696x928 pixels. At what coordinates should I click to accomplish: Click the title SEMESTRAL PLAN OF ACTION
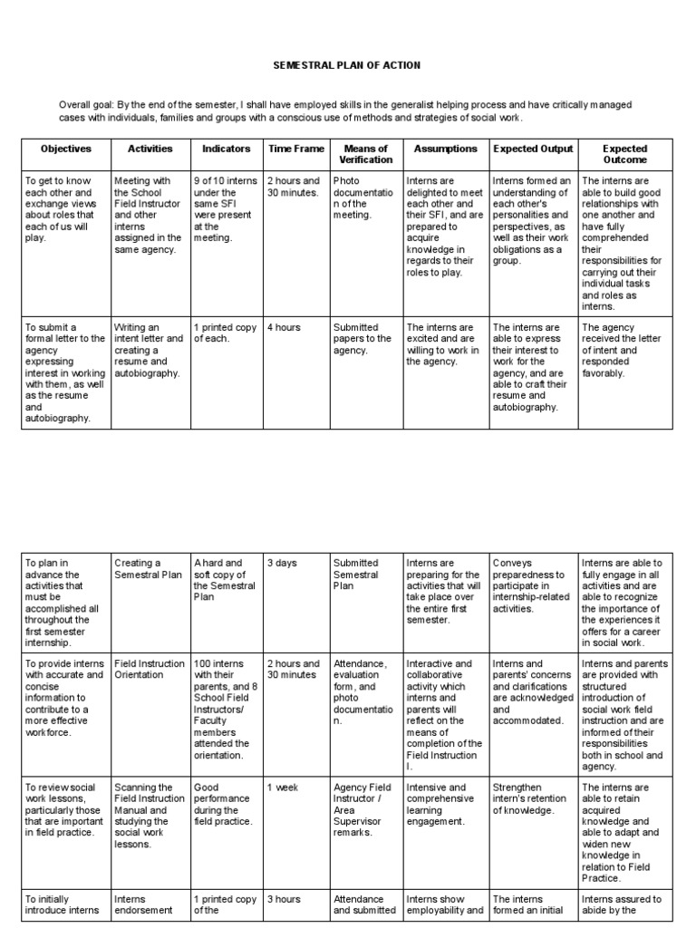pyautogui.click(x=348, y=66)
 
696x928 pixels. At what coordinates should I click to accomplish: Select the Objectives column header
pyautogui.click(x=65, y=149)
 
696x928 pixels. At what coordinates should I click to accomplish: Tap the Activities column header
pyautogui.click(x=150, y=149)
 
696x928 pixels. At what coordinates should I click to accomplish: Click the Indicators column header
pyautogui.click(x=226, y=149)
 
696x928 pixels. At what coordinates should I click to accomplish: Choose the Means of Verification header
pyautogui.click(x=365, y=154)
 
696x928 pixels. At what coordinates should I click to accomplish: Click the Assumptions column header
pyautogui.click(x=445, y=149)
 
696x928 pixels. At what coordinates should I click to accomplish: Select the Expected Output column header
pyautogui.click(x=533, y=149)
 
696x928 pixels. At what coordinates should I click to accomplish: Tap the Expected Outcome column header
pyautogui.click(x=624, y=154)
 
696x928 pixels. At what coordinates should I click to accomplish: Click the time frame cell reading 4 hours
pyautogui.click(x=284, y=328)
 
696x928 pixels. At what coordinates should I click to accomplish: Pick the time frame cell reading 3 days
pyautogui.click(x=282, y=564)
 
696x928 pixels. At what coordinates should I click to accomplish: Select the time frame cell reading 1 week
pyautogui.click(x=283, y=788)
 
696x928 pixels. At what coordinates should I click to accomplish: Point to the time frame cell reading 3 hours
pyautogui.click(x=284, y=900)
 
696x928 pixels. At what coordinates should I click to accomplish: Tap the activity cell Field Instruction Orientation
pyautogui.click(x=150, y=670)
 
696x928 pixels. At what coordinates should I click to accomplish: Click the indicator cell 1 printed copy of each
pyautogui.click(x=224, y=333)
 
